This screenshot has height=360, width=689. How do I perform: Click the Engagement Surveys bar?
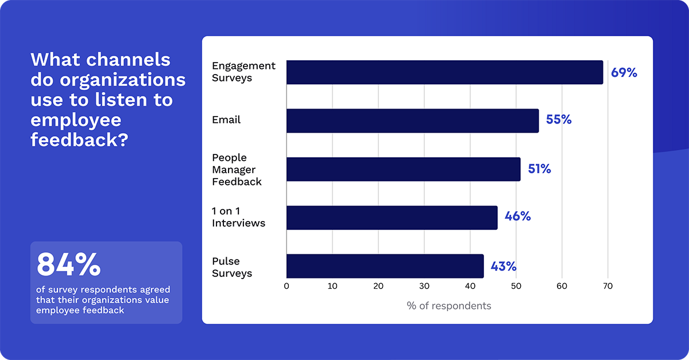tap(444, 72)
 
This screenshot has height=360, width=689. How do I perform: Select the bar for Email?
tap(412, 121)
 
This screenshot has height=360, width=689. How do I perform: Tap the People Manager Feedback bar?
tap(403, 169)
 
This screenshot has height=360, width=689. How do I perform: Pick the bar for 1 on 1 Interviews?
tap(392, 218)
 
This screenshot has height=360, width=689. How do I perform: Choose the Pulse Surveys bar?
tap(385, 266)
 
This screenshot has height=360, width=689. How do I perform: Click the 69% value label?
tap(624, 73)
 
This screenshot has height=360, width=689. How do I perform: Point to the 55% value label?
tap(559, 121)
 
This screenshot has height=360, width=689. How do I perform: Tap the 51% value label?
tap(539, 169)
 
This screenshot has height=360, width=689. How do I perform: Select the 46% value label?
tap(517, 217)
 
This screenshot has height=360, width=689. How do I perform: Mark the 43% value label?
tap(504, 266)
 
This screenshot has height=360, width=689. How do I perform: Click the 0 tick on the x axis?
tap(287, 286)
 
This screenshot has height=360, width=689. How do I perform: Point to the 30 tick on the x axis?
tap(424, 286)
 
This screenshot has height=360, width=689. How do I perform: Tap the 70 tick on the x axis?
tap(607, 286)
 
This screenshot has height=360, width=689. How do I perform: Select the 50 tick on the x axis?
tap(516, 286)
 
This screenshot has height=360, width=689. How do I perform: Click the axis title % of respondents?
tap(448, 306)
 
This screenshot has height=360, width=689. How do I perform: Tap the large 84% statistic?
tap(68, 265)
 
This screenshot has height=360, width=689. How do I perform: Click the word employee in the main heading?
tap(76, 120)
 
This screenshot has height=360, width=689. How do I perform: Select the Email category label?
tap(226, 120)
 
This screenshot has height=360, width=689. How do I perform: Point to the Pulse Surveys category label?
tap(232, 267)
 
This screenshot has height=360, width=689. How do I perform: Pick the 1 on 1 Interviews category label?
tap(238, 218)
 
